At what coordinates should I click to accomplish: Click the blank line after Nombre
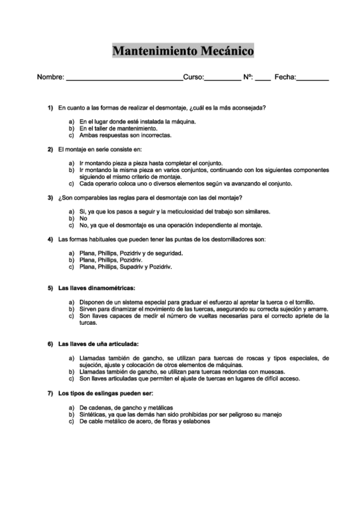124,78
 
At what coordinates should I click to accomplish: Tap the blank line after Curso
222,78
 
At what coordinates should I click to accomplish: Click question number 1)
51,108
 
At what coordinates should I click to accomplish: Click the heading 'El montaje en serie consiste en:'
100,149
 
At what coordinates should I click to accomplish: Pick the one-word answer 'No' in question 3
84,219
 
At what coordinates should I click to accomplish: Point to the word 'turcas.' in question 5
89,322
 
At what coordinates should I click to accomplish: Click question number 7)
51,393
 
